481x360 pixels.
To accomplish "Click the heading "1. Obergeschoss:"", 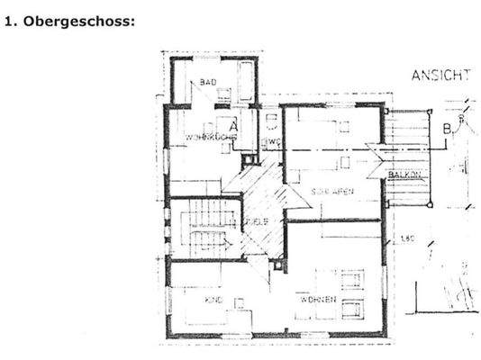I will (x=69, y=21).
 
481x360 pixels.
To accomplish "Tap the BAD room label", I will (x=208, y=82).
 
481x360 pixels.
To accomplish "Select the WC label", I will (x=268, y=141).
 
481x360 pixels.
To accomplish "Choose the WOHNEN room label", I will (x=321, y=299).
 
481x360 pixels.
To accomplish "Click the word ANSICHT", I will (x=440, y=76).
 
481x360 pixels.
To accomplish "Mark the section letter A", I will (x=233, y=127).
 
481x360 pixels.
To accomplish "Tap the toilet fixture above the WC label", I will (x=268, y=122).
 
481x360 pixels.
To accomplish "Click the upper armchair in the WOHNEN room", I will (x=351, y=279).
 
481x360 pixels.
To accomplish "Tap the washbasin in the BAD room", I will (x=222, y=93).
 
